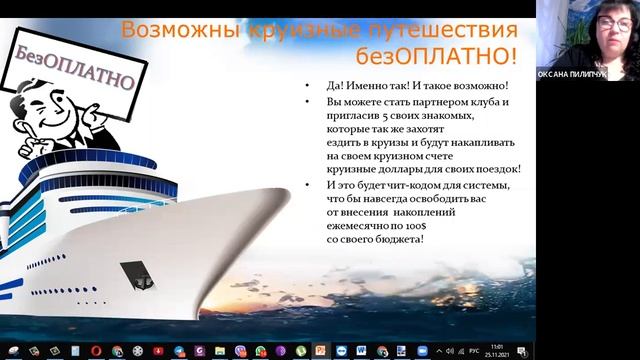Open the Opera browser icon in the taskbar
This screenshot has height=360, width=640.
tap(95, 350)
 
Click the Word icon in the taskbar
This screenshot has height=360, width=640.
tap(360, 350)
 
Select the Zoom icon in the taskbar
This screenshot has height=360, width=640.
tap(422, 350)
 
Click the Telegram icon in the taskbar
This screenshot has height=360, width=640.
tap(178, 350)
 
